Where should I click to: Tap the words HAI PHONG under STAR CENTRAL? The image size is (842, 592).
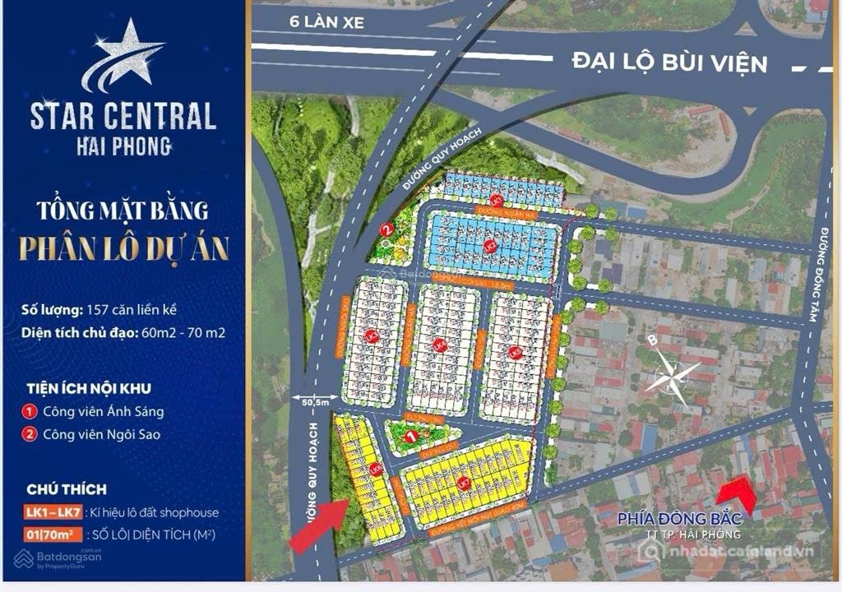click(x=123, y=146)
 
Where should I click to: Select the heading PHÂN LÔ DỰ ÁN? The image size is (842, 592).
click(x=123, y=247)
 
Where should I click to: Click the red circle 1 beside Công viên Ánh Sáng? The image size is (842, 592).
click(x=30, y=412)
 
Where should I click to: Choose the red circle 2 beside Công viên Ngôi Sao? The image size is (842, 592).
click(x=30, y=434)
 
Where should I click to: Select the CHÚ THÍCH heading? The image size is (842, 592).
click(x=67, y=489)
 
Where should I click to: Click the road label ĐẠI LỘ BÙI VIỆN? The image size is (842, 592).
click(x=669, y=62)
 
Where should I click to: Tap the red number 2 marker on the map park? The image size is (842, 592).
click(x=386, y=230)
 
